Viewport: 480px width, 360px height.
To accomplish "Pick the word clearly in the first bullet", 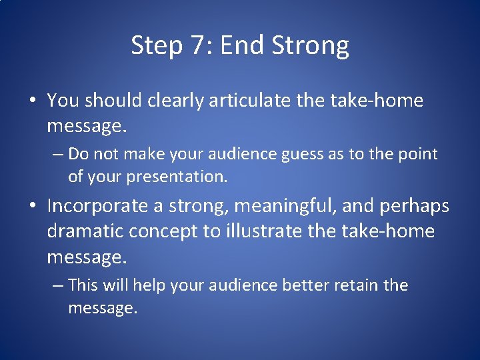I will point(177,101).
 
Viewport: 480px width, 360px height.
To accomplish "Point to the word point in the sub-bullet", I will point(417,154).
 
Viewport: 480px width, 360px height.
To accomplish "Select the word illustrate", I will point(267,231).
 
